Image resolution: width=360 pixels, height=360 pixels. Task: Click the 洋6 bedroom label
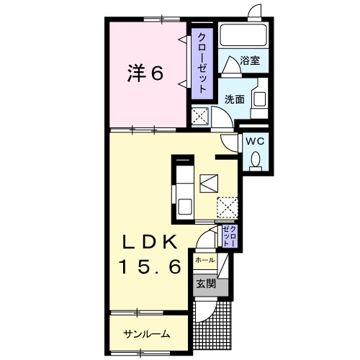146,73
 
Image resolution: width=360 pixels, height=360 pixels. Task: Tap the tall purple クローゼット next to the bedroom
202,62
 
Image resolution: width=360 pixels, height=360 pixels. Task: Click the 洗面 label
235,98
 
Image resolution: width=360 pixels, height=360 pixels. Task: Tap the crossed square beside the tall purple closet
200,115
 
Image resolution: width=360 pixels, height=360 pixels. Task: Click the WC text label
256,141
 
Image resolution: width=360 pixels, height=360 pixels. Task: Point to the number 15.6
150,266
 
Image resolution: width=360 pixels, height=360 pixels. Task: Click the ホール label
204,260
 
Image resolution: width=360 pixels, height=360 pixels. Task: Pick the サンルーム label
146,333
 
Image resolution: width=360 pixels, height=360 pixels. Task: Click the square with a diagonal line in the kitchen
209,182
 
